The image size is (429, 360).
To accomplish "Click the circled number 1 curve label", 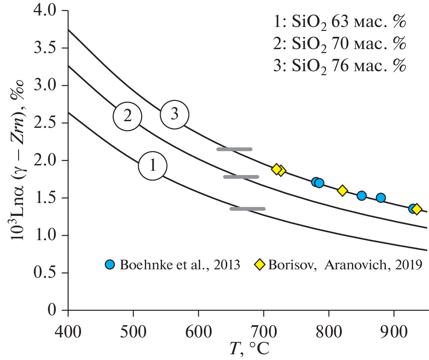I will [153, 166].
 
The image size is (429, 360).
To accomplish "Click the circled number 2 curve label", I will [128, 116].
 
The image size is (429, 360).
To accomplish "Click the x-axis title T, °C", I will [248, 349].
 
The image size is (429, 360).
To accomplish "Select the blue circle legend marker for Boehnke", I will [110, 264].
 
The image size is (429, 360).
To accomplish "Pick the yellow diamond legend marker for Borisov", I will [259, 264].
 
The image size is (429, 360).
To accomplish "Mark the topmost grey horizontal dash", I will [234, 149].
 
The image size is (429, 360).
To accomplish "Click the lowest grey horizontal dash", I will [247, 208].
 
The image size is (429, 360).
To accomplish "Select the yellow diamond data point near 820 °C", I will [342, 191].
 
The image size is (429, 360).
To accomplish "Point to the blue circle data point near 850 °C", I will [362, 195].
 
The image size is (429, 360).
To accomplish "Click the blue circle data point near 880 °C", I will [381, 198].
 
